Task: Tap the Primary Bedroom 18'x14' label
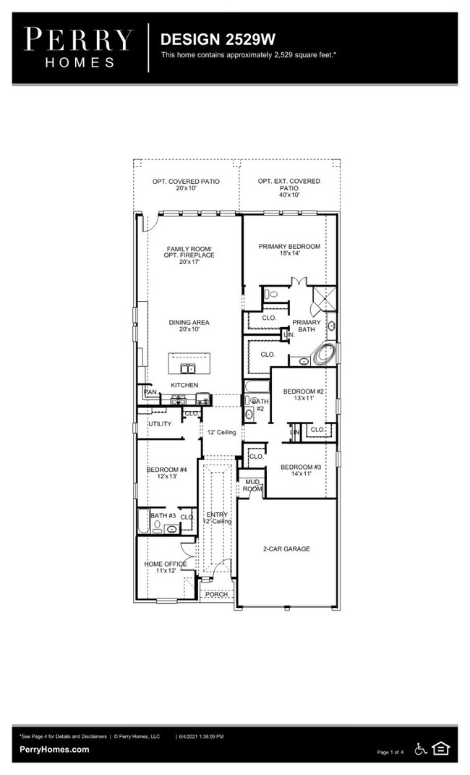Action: tap(289, 250)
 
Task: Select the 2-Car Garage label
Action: tap(286, 549)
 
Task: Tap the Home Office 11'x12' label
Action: tap(166, 567)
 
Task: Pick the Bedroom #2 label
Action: tap(303, 394)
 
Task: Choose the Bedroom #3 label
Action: tap(301, 471)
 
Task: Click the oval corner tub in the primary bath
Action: tap(324, 355)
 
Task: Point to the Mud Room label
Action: tap(252, 485)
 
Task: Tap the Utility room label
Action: tap(160, 424)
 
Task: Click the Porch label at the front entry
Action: tap(215, 594)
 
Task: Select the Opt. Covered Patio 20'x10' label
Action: tap(186, 185)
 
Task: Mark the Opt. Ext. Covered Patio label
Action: tap(289, 187)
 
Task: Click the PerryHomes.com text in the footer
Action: tap(54, 750)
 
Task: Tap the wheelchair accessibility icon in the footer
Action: tap(421, 749)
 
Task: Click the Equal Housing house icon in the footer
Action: tap(440, 749)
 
